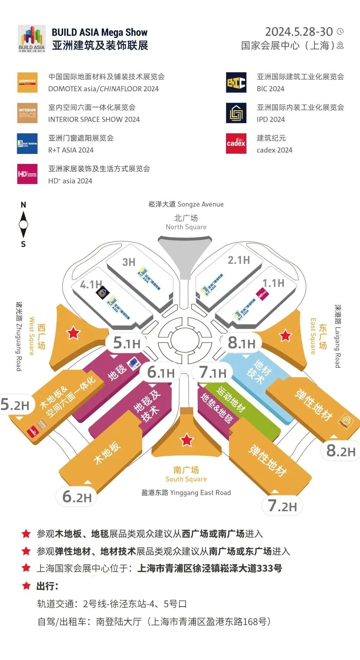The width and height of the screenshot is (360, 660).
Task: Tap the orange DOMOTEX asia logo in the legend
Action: tap(27, 82)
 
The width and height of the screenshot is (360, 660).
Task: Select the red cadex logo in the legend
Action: tap(236, 144)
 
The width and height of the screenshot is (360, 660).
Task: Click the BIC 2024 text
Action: tap(271, 89)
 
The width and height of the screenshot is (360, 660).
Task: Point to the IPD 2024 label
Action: tap(271, 119)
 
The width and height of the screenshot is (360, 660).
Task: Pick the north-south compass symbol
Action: tap(23, 224)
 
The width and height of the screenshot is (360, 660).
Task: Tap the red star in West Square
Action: tap(73, 333)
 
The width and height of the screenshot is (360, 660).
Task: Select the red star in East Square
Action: tap(285, 335)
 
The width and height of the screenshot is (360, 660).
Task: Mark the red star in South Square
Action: tap(186, 440)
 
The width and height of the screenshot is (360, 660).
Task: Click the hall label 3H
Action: tap(129, 262)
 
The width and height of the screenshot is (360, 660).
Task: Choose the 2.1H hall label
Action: tap(239, 260)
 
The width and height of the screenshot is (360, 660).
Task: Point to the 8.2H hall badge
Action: tap(340, 451)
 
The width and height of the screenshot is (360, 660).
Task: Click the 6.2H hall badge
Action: tap(77, 497)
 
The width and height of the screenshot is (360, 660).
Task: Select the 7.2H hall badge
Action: tap(282, 506)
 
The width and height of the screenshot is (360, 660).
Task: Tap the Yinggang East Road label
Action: tap(186, 493)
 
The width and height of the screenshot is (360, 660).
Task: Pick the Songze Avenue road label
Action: tap(186, 204)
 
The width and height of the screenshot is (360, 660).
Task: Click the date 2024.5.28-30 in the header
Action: tap(299, 32)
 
